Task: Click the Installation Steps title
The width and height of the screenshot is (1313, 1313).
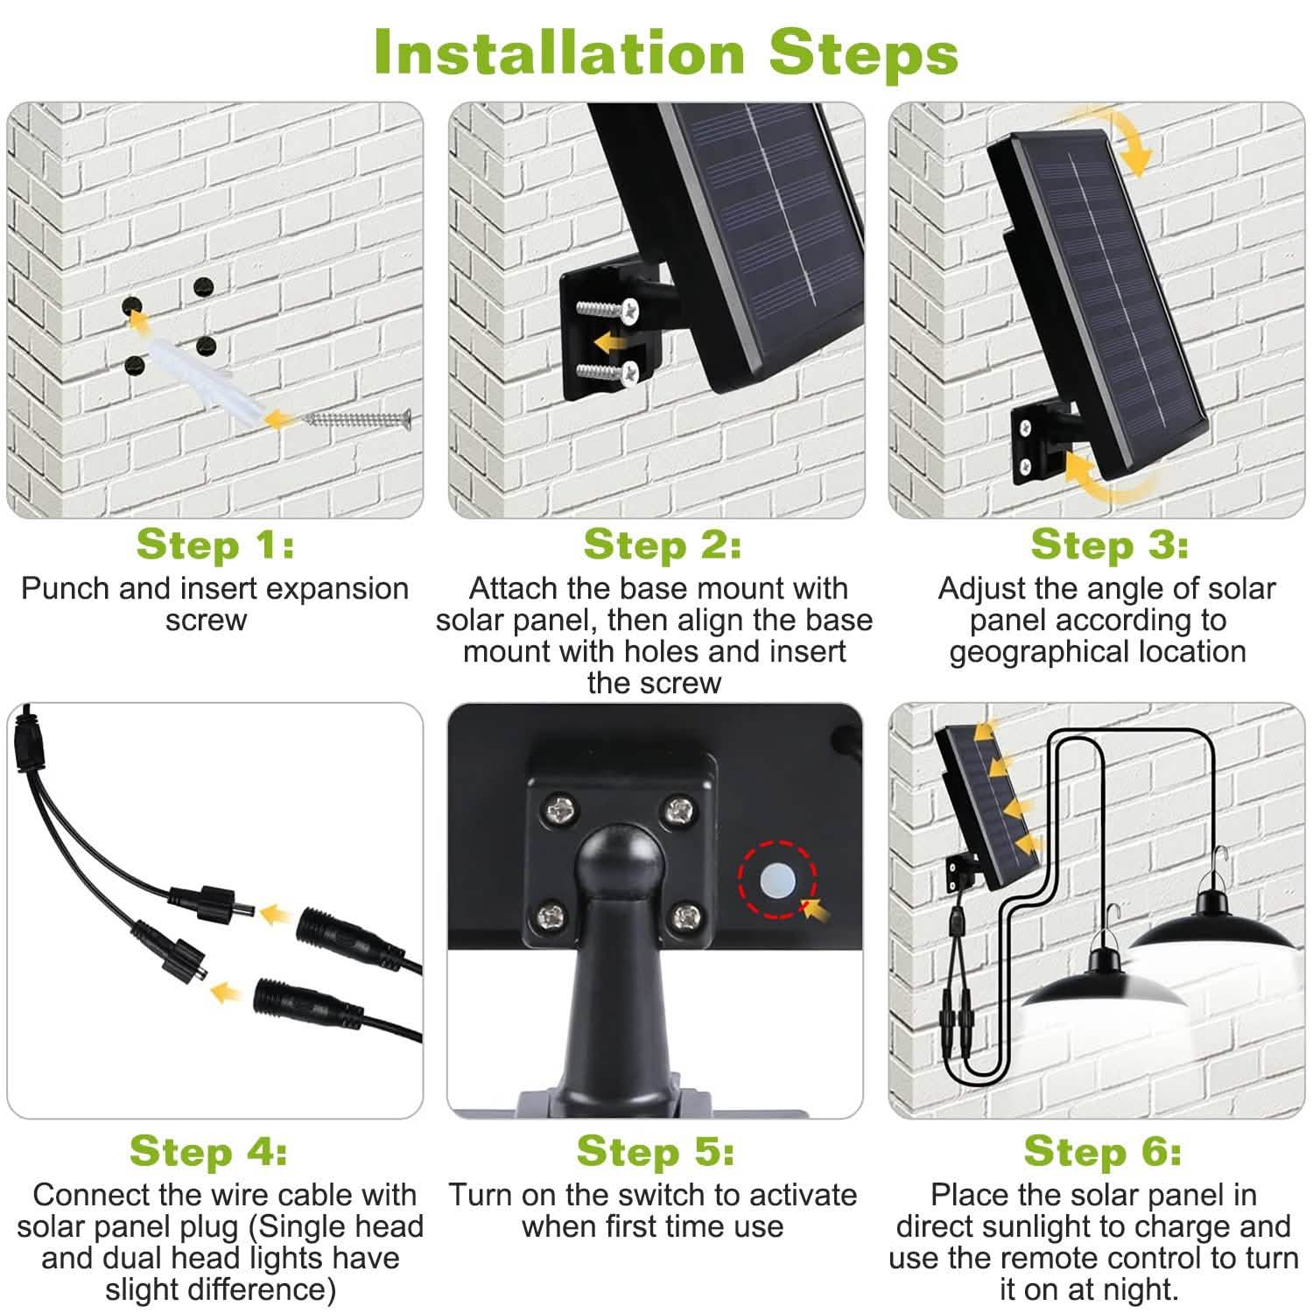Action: click(x=665, y=53)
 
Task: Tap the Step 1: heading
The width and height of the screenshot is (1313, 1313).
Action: click(x=215, y=544)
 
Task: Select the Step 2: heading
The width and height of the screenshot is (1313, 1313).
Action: click(x=662, y=544)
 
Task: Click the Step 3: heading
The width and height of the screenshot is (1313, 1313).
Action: click(x=1109, y=544)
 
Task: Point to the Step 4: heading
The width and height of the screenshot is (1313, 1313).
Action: click(x=208, y=1151)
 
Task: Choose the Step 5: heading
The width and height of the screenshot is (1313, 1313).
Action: click(x=655, y=1151)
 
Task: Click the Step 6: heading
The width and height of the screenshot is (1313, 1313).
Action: click(x=1102, y=1151)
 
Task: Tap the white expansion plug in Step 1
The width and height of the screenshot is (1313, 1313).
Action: click(x=197, y=376)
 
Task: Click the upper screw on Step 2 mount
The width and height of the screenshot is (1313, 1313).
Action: click(x=609, y=309)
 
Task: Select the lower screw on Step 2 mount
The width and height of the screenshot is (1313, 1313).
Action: click(x=609, y=373)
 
